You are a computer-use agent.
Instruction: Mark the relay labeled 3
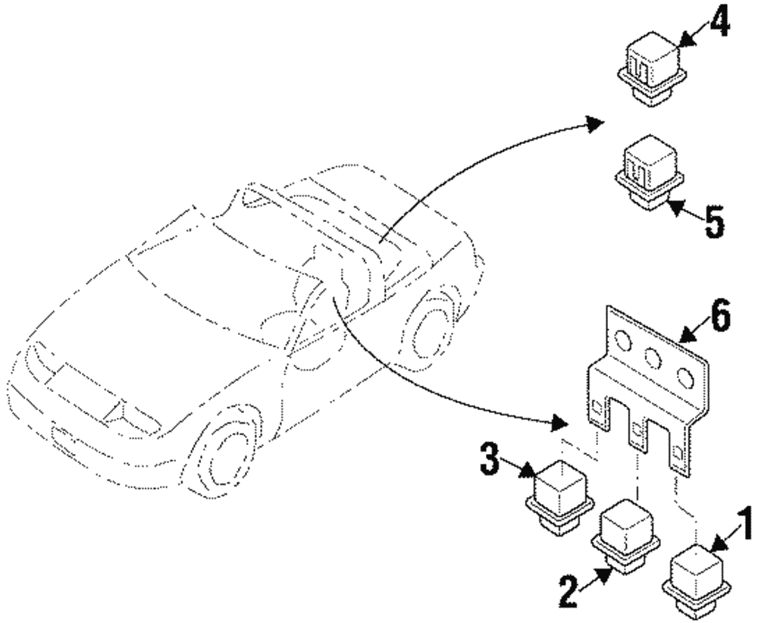(x=559, y=497)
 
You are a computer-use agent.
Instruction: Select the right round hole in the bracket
(x=685, y=377)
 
